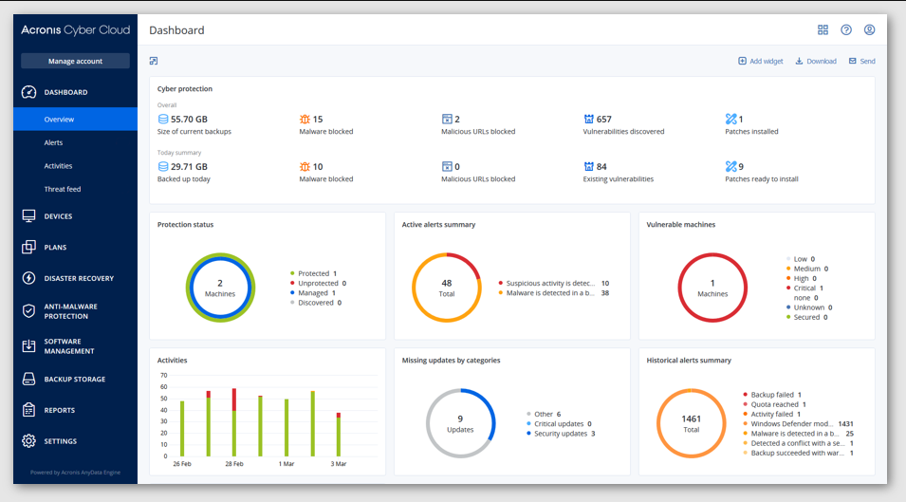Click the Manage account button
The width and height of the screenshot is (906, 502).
tap(75, 62)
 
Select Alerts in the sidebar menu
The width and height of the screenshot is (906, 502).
tap(53, 142)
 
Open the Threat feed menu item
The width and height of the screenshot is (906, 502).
tap(62, 189)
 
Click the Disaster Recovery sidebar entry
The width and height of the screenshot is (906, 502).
tap(78, 278)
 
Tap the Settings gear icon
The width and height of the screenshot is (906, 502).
tap(29, 441)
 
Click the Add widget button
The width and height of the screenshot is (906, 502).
tap(761, 61)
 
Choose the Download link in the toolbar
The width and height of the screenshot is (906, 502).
tap(816, 61)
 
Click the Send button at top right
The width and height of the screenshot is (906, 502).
tap(862, 61)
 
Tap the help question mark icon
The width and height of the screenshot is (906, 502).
tap(846, 30)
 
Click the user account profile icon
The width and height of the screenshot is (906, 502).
tap(869, 30)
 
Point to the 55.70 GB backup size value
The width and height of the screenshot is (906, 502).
tap(189, 120)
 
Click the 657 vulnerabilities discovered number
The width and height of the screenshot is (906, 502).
tap(603, 120)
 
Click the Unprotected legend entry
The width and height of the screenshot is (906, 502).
tap(319, 283)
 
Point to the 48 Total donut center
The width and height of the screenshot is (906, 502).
tap(447, 288)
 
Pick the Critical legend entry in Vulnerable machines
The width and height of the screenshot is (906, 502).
tap(804, 288)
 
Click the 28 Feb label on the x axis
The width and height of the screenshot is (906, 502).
tap(233, 464)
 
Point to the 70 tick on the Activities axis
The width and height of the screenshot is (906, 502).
tap(163, 375)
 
